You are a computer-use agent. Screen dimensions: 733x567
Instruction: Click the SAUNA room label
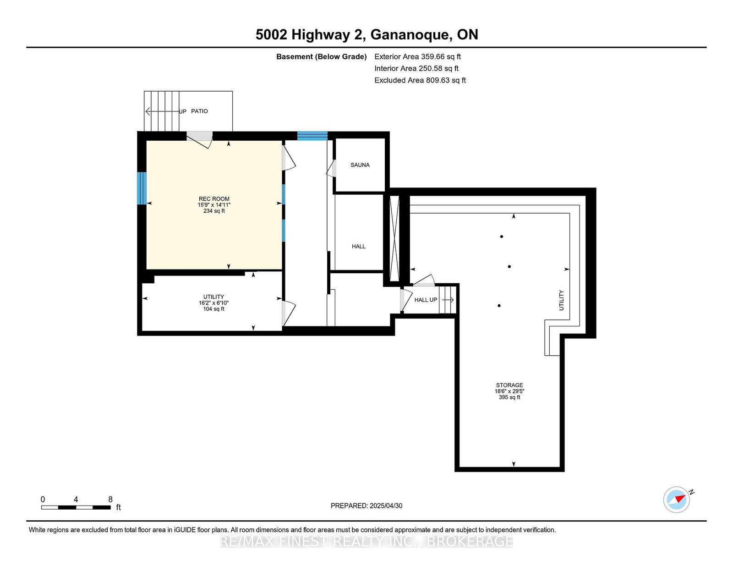pos(360,165)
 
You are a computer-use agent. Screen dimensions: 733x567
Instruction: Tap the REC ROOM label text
pos(214,199)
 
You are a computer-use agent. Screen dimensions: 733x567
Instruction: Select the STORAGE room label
pos(509,385)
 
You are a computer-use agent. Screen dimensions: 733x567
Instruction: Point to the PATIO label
pos(199,111)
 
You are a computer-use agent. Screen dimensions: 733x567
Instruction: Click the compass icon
pos(677,500)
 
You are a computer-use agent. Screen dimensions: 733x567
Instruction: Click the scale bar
pos(76,507)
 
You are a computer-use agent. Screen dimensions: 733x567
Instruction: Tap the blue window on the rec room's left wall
pos(142,188)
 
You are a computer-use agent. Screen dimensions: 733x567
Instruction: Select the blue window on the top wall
pos(312,136)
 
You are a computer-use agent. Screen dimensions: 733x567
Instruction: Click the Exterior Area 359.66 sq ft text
pos(418,57)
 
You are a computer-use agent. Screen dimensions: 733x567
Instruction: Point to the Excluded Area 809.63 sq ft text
pos(420,80)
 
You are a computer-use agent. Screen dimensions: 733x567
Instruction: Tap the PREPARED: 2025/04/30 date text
pos(366,506)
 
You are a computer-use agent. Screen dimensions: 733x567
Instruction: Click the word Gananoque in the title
pos(411,34)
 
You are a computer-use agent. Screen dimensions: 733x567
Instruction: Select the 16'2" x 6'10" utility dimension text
pos(213,303)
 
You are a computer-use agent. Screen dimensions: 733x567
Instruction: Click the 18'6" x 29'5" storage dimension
pos(509,391)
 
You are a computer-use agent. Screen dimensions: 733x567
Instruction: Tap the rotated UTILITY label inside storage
pos(561,300)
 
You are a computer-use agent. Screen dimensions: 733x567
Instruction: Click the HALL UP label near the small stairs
pos(426,300)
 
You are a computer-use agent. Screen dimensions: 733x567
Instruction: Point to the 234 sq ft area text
pos(214,211)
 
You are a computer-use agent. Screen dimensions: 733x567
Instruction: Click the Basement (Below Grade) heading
pos(322,57)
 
